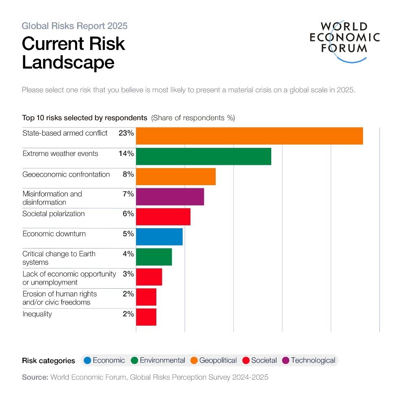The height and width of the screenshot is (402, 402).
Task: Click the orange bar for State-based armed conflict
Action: (x=249, y=136)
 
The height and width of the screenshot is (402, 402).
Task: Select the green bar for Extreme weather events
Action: (x=203, y=156)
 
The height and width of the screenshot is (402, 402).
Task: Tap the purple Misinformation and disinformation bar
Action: (x=170, y=197)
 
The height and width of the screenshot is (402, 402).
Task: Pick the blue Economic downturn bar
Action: (x=159, y=237)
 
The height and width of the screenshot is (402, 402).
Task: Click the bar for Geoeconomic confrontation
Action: (x=175, y=176)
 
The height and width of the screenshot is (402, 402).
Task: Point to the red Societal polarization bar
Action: (x=163, y=216)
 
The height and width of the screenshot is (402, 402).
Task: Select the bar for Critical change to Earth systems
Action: (x=154, y=257)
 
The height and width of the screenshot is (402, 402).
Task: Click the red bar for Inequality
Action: (x=146, y=317)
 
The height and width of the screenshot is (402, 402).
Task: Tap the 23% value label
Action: (x=126, y=133)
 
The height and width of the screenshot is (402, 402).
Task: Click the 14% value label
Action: (x=126, y=153)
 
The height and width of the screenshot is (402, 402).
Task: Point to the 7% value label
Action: (x=128, y=194)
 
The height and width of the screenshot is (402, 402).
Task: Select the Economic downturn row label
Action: (x=54, y=234)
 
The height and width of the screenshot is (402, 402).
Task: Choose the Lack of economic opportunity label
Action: (x=69, y=278)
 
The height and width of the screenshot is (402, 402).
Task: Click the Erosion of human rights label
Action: (x=59, y=298)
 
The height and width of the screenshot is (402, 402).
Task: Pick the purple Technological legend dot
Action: (x=286, y=361)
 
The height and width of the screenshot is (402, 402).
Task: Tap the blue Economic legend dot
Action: (x=87, y=361)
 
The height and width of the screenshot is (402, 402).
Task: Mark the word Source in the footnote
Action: (x=35, y=377)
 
